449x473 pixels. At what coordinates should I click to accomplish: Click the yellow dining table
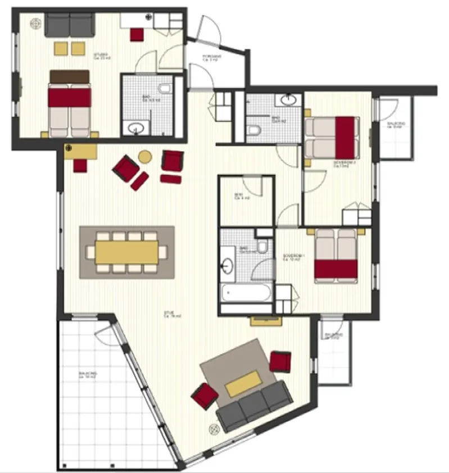pos(126,252)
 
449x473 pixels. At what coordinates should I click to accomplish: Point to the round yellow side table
pos(146,157)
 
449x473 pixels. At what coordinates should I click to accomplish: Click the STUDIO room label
pos(101,55)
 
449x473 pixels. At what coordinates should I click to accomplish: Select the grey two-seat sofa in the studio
pos(69,24)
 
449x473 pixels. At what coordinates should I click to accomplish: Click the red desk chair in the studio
pos(137,34)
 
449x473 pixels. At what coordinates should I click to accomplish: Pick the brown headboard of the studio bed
pos(70,75)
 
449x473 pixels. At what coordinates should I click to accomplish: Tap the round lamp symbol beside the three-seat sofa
pos(214,429)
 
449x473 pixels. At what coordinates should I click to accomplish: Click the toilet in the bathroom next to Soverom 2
pos(254,130)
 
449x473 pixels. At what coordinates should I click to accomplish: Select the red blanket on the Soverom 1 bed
pos(336,269)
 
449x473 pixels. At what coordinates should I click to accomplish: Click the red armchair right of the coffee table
pos(280,361)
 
